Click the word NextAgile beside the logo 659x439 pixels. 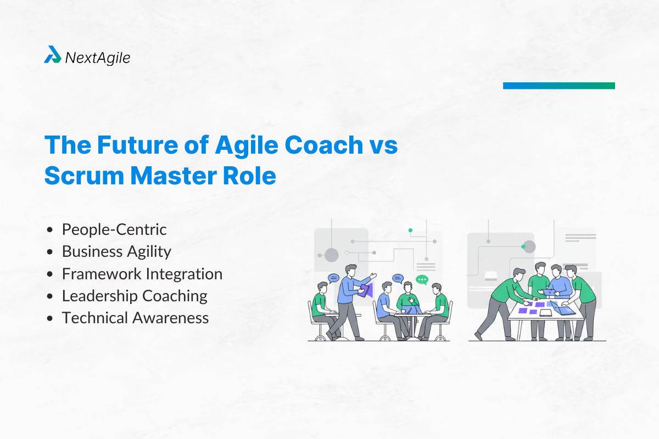point(98,58)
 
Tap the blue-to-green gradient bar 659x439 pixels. point(559,86)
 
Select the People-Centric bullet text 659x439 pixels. point(114,229)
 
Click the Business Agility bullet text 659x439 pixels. point(116,251)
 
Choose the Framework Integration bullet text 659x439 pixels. point(142,273)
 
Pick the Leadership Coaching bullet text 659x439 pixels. point(135,296)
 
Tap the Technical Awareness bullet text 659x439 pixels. point(135,318)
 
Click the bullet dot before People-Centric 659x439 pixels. point(51,229)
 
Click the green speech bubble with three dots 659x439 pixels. point(422,280)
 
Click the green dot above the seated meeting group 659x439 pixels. point(410,230)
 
